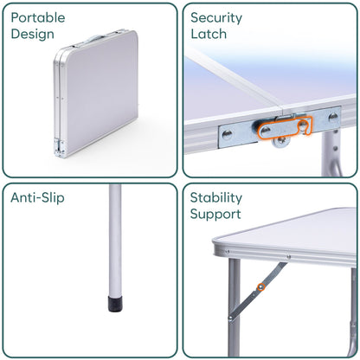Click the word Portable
coord(39,17)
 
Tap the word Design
coord(34,35)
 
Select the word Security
coord(217,17)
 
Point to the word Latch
coord(209,35)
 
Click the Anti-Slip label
coord(38,197)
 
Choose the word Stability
coord(217,197)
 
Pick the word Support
coord(216,214)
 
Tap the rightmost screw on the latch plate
coord(333,118)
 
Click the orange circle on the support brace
coord(260,287)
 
